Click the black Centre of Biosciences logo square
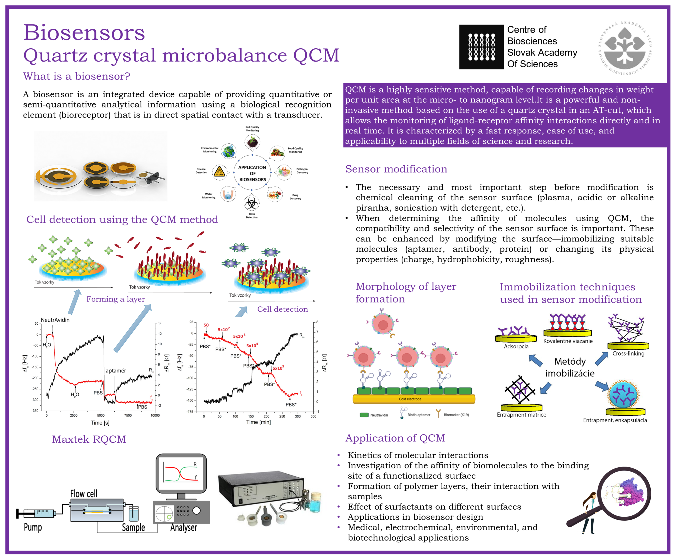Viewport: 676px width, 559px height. (x=481, y=47)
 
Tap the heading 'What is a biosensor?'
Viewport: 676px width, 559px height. (x=77, y=76)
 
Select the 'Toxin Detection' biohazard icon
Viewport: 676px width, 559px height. (x=251, y=203)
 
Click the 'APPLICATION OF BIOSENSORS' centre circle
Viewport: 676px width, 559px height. (x=252, y=173)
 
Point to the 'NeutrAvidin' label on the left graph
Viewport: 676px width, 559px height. (x=55, y=320)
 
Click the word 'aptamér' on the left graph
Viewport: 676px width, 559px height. (x=116, y=371)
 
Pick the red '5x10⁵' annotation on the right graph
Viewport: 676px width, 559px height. (x=278, y=368)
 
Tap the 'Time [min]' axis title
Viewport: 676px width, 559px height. (x=258, y=422)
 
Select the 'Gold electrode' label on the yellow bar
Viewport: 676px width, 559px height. (x=410, y=399)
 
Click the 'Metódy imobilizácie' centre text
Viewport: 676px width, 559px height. (x=570, y=367)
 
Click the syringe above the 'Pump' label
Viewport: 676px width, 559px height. (x=37, y=514)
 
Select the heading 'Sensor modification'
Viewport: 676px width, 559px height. (x=396, y=169)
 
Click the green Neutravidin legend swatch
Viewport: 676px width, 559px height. (x=364, y=415)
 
